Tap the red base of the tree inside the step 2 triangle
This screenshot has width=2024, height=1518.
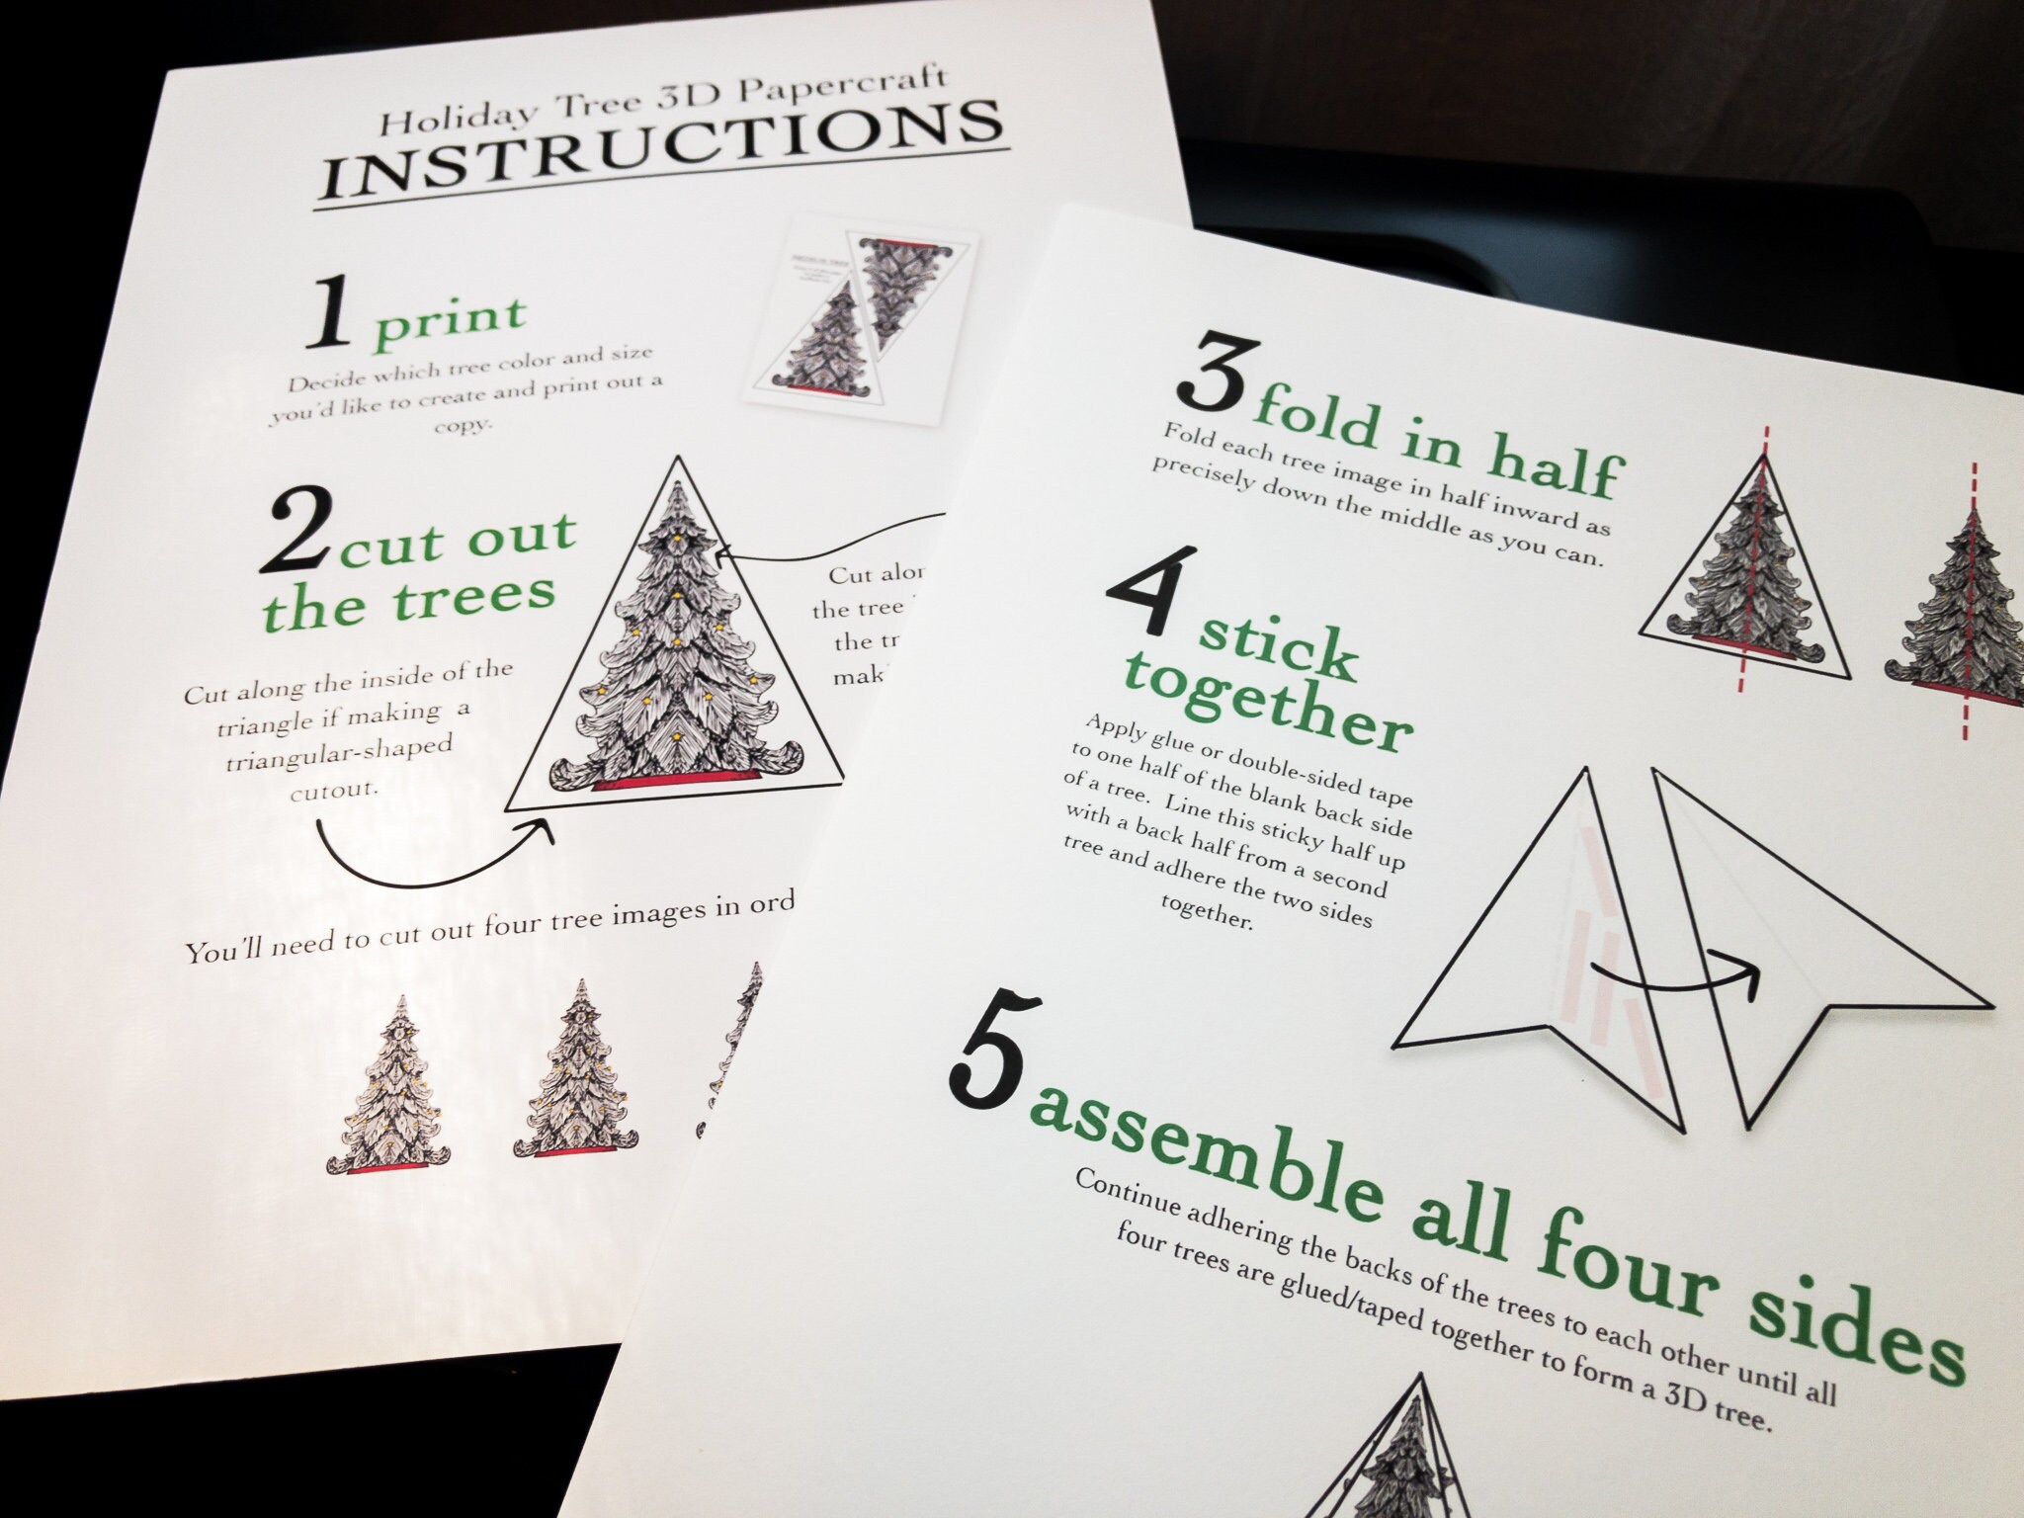(676, 782)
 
